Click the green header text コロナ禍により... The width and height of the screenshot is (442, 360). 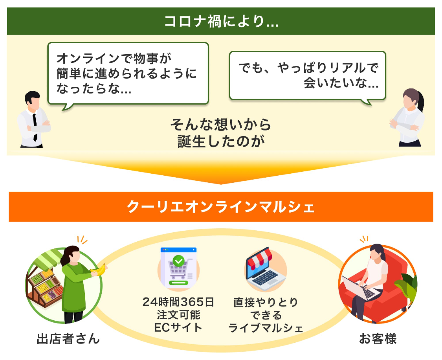point(221,22)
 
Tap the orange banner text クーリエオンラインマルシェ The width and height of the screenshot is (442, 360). point(221,207)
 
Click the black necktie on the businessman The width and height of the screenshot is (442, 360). point(35,127)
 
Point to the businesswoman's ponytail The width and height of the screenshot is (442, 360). point(420,101)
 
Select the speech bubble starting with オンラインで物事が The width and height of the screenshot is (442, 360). point(128,74)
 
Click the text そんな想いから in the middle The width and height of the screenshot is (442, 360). point(221,125)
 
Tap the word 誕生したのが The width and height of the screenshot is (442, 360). point(221,141)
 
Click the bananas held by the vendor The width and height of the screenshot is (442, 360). point(99,270)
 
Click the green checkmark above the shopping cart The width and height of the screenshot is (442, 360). point(178,261)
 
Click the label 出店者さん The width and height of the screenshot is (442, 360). point(68,338)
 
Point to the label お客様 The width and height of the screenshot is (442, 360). point(378,338)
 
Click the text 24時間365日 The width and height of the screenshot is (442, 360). point(178,302)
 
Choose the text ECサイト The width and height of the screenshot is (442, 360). point(178,327)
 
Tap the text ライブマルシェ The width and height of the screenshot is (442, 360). point(266,328)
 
